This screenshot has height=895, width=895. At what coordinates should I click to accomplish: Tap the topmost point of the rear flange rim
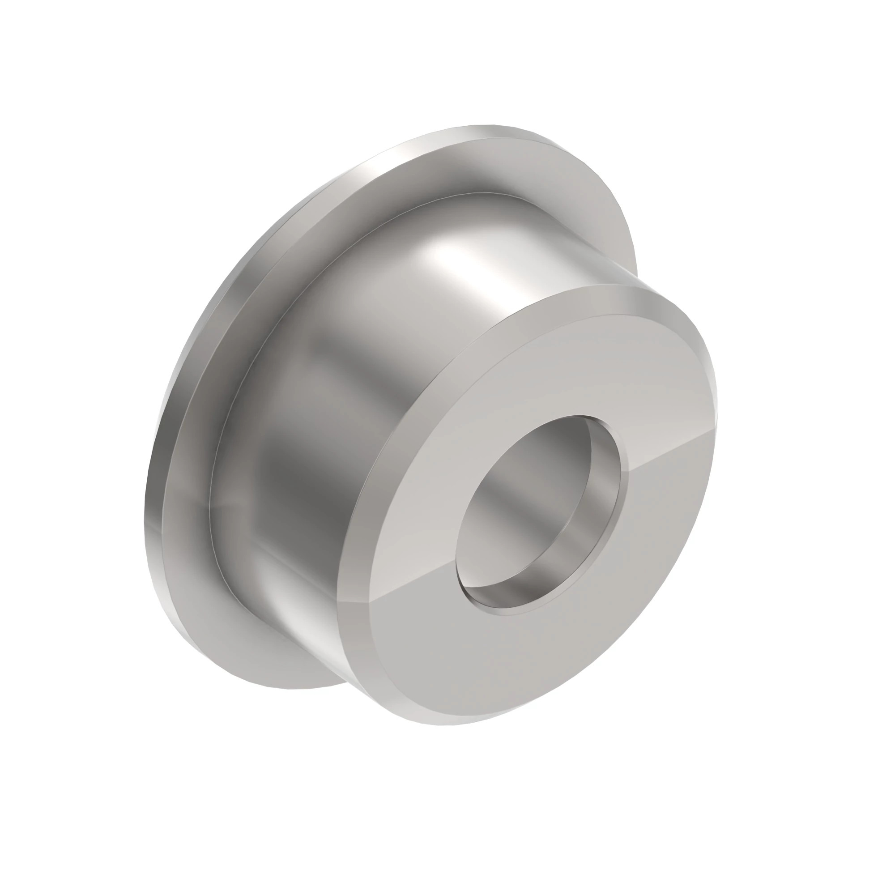click(486, 126)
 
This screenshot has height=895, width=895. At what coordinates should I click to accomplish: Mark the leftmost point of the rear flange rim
click(147, 500)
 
